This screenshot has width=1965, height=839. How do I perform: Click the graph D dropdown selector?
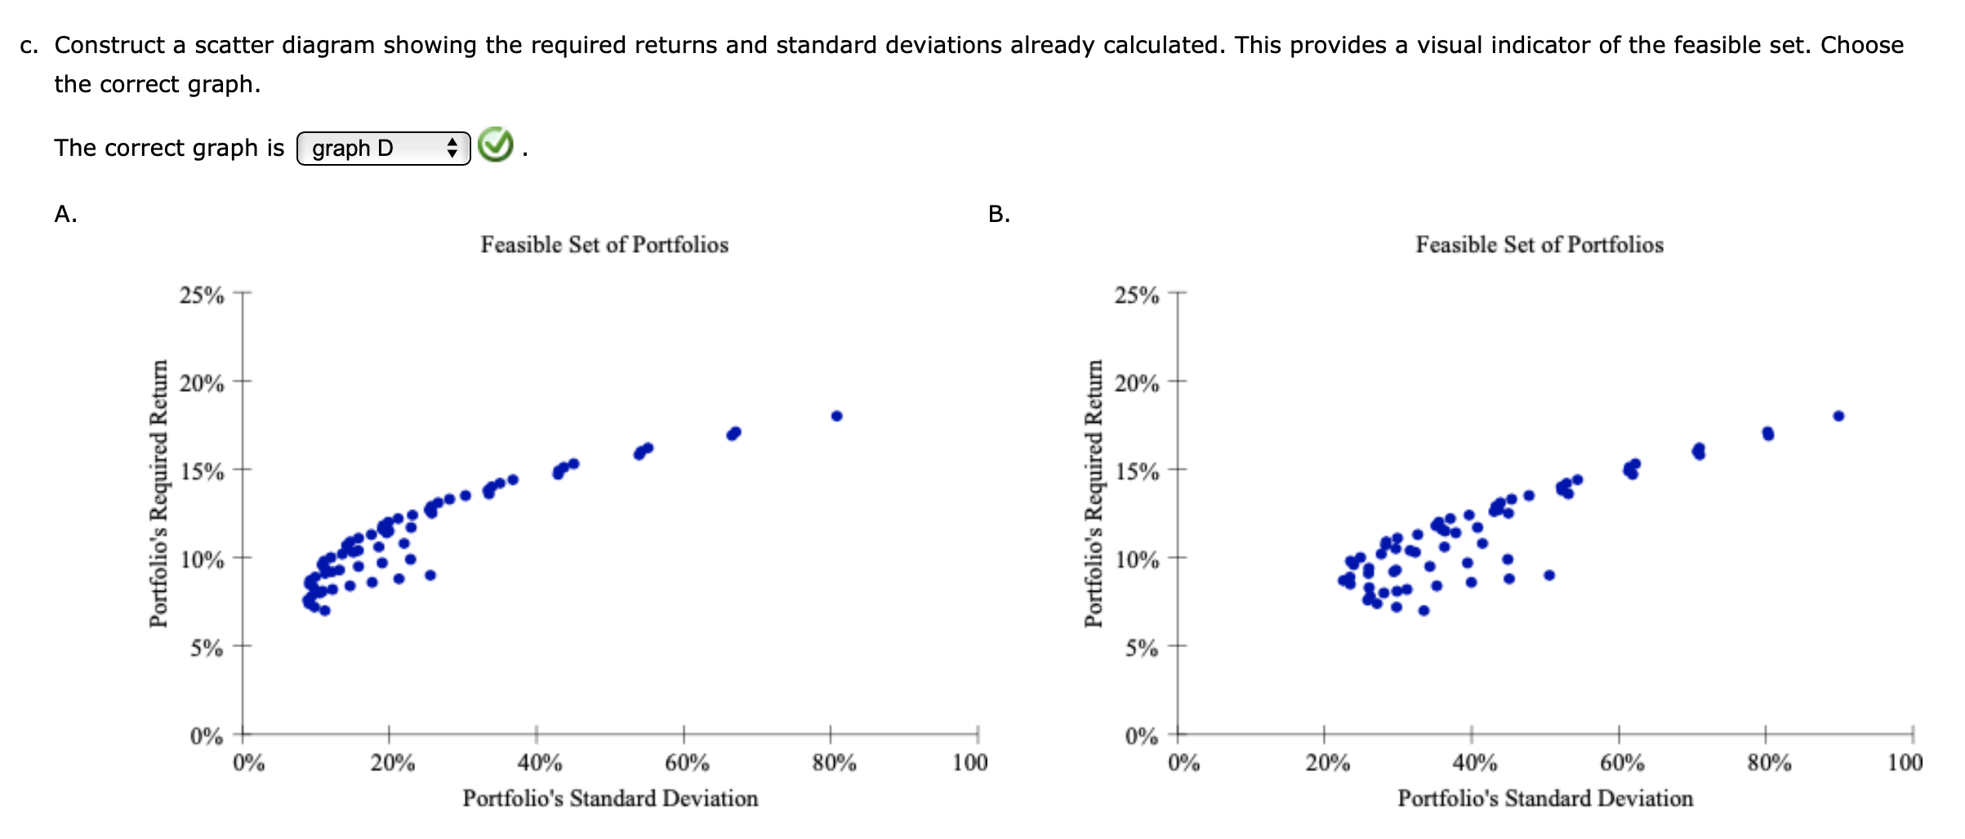coord(383,149)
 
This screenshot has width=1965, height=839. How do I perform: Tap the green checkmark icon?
coord(495,145)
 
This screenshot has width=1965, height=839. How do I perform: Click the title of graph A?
coord(604,245)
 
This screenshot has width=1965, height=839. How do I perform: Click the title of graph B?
coord(1539,245)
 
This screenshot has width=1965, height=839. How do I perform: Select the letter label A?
coord(65,214)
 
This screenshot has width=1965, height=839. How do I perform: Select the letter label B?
coord(999,214)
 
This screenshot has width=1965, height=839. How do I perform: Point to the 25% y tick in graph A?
coord(202,295)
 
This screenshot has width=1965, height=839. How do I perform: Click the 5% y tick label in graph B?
coord(1141,649)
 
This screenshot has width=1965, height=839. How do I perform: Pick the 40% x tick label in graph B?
coord(1474,763)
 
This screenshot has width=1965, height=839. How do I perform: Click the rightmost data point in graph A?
coord(836,416)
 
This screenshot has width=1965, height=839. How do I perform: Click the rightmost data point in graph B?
coord(1838,416)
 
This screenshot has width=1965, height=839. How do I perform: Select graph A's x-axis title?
coord(610,798)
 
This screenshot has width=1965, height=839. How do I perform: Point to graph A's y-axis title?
coord(158,494)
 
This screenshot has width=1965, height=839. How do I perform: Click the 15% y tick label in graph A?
coord(202,472)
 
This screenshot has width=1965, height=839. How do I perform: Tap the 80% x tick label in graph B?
coord(1769,763)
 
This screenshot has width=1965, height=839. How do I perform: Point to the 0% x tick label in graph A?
coord(248,763)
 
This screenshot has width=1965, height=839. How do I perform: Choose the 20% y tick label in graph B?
coord(1137,384)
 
